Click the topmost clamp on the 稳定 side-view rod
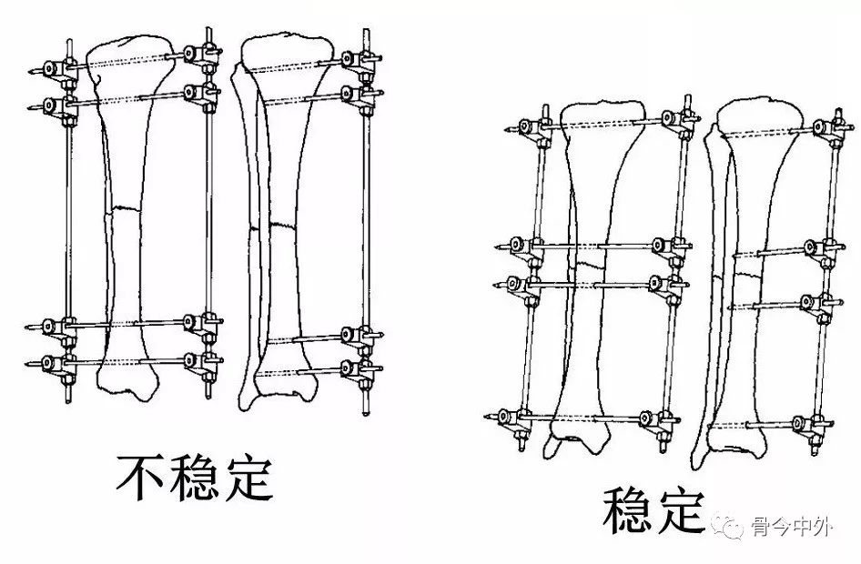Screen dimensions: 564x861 point(827,126)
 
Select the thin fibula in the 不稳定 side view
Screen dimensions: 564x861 point(249,227)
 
